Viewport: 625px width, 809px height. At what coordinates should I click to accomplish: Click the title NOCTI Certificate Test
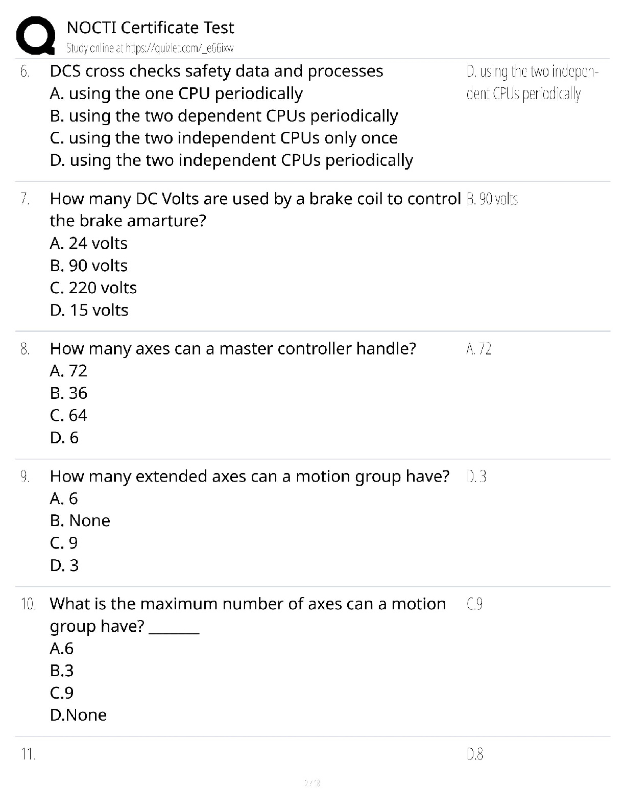click(x=150, y=27)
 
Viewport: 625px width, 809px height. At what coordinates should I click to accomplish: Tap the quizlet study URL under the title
click(x=150, y=49)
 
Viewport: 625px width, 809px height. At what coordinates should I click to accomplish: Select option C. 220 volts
click(x=93, y=288)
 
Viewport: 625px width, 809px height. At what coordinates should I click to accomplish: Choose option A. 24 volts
click(x=89, y=243)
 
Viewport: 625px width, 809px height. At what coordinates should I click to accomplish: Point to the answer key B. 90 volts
click(x=492, y=199)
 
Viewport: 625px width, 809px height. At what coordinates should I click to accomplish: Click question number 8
click(x=25, y=349)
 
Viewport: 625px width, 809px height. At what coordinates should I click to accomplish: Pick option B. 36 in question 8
click(x=68, y=393)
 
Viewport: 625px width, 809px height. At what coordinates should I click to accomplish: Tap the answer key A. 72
click(x=479, y=349)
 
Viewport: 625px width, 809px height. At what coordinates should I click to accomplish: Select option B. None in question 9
click(x=80, y=520)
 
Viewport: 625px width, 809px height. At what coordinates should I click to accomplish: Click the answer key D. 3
click(x=476, y=477)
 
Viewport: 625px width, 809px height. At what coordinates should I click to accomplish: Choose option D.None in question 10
click(x=78, y=715)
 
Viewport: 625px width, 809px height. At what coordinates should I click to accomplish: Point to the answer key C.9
click(x=474, y=604)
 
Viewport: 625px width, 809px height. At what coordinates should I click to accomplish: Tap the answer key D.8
click(x=475, y=754)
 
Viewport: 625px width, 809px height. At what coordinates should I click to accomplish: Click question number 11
click(x=28, y=754)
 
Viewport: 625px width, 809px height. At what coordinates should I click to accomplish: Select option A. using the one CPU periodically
click(x=176, y=93)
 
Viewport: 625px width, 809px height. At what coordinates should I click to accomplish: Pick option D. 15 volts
click(x=89, y=310)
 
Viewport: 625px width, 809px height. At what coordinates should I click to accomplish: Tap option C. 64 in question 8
click(x=68, y=415)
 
